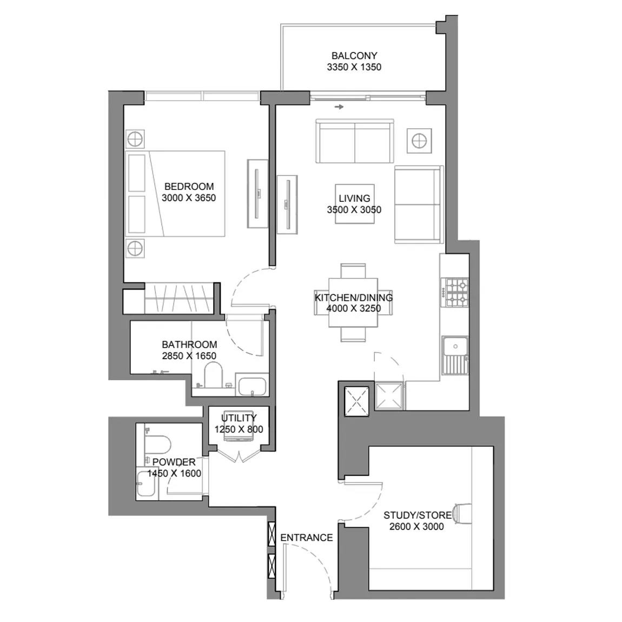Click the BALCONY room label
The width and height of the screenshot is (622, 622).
click(354, 56)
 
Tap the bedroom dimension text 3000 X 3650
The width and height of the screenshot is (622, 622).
click(189, 197)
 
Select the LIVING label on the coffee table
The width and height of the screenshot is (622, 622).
click(354, 198)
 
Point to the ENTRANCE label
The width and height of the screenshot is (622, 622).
click(307, 538)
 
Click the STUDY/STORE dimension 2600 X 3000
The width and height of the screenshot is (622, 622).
click(416, 526)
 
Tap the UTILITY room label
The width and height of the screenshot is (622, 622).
click(239, 418)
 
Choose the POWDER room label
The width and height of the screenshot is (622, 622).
click(174, 462)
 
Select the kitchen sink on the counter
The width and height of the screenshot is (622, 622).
click(455, 355)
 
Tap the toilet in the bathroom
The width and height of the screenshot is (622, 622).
click(213, 376)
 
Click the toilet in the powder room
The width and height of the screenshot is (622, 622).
click(157, 445)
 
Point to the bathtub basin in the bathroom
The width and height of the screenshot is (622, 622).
click(252, 386)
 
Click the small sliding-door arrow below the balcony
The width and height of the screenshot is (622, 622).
click(339, 107)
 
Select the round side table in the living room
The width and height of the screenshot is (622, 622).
click(419, 141)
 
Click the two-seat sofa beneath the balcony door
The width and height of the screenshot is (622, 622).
click(355, 141)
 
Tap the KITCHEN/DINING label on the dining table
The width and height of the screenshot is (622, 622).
click(353, 297)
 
